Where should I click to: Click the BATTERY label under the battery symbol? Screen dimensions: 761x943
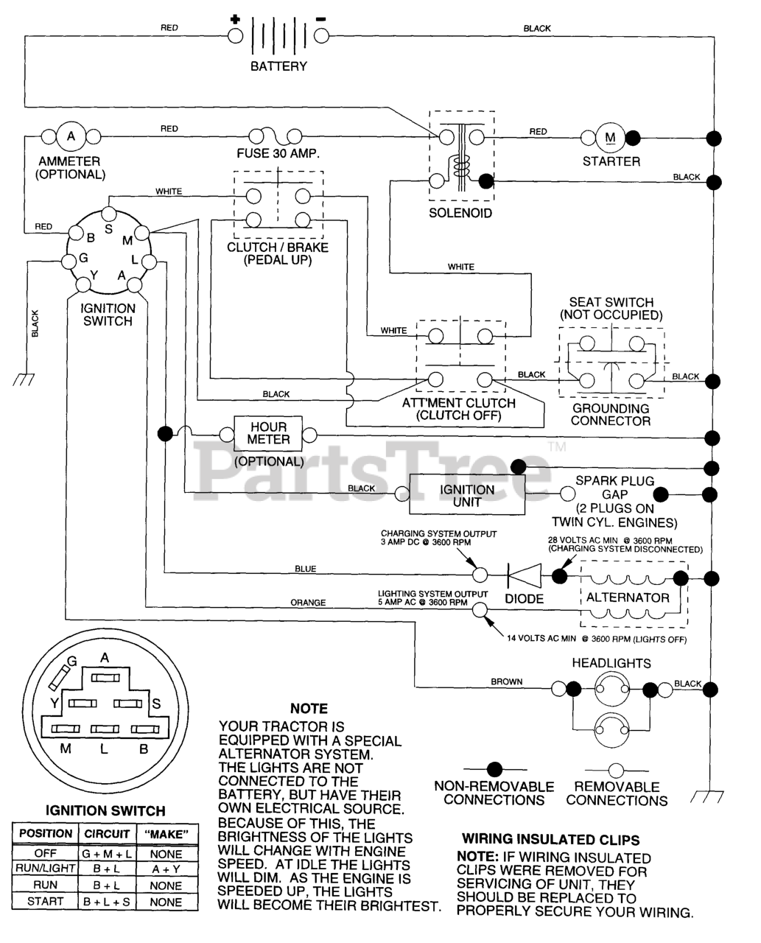pyautogui.click(x=278, y=66)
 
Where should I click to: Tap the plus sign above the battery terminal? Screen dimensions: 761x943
pyautogui.click(x=235, y=19)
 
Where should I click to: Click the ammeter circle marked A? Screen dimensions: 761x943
pyautogui.click(x=71, y=136)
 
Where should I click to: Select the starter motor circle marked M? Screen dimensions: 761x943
pyautogui.click(x=610, y=138)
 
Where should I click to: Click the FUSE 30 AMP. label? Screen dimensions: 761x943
pyautogui.click(x=278, y=154)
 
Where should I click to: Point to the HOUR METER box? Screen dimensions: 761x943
pyautogui.click(x=268, y=433)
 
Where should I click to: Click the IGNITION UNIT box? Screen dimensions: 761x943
pyautogui.click(x=467, y=494)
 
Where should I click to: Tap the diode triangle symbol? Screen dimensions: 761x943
pyautogui.click(x=525, y=575)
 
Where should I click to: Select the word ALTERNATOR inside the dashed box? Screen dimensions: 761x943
pyautogui.click(x=628, y=597)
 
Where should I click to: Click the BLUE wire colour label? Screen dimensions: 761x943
pyautogui.click(x=306, y=569)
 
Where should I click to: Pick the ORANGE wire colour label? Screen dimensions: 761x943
pyautogui.click(x=308, y=603)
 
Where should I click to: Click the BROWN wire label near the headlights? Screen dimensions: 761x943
pyautogui.click(x=506, y=681)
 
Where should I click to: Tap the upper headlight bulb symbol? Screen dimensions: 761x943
pyautogui.click(x=611, y=689)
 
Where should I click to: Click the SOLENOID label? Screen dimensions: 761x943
pyautogui.click(x=460, y=214)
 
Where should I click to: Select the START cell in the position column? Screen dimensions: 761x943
pyautogui.click(x=45, y=902)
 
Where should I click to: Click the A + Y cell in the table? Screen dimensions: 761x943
pyautogui.click(x=166, y=869)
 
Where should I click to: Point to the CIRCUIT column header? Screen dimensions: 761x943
pyautogui.click(x=107, y=834)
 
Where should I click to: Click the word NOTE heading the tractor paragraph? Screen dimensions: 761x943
pyautogui.click(x=309, y=709)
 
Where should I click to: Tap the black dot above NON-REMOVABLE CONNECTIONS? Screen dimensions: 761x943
pyautogui.click(x=494, y=770)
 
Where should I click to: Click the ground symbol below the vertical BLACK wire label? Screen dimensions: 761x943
pyautogui.click(x=24, y=379)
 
